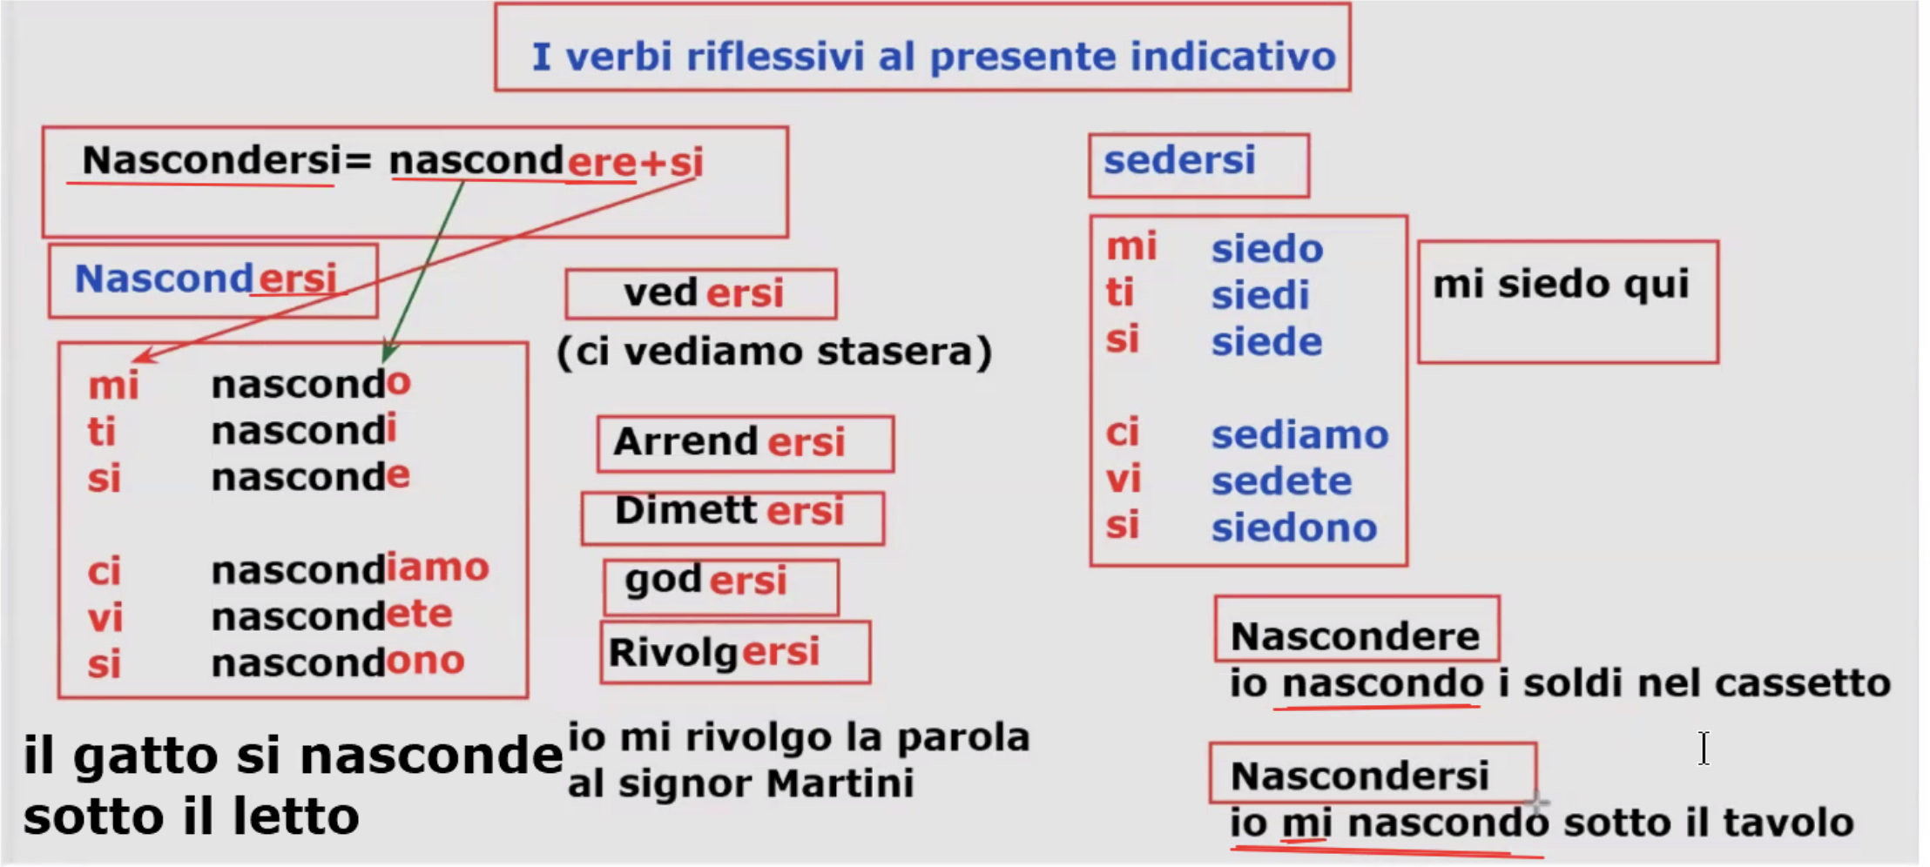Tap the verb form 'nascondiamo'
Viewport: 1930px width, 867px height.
(350, 569)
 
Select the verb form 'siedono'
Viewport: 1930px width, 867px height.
(1294, 528)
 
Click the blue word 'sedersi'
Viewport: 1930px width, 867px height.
(1179, 160)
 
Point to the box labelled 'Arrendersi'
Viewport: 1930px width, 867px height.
(746, 444)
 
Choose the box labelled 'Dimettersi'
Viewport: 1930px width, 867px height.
(732, 519)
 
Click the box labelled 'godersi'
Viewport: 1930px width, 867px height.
(721, 588)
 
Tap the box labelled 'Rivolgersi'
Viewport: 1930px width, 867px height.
(735, 652)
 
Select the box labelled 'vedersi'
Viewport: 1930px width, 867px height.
(701, 294)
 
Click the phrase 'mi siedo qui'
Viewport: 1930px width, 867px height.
(1561, 285)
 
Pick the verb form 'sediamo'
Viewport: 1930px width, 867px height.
(1299, 434)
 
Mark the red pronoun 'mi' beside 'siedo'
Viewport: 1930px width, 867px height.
(1131, 247)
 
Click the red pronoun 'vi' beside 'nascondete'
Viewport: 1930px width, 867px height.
(105, 618)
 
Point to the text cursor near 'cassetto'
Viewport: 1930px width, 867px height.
(1704, 749)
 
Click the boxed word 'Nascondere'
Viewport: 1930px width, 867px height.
(1354, 636)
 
